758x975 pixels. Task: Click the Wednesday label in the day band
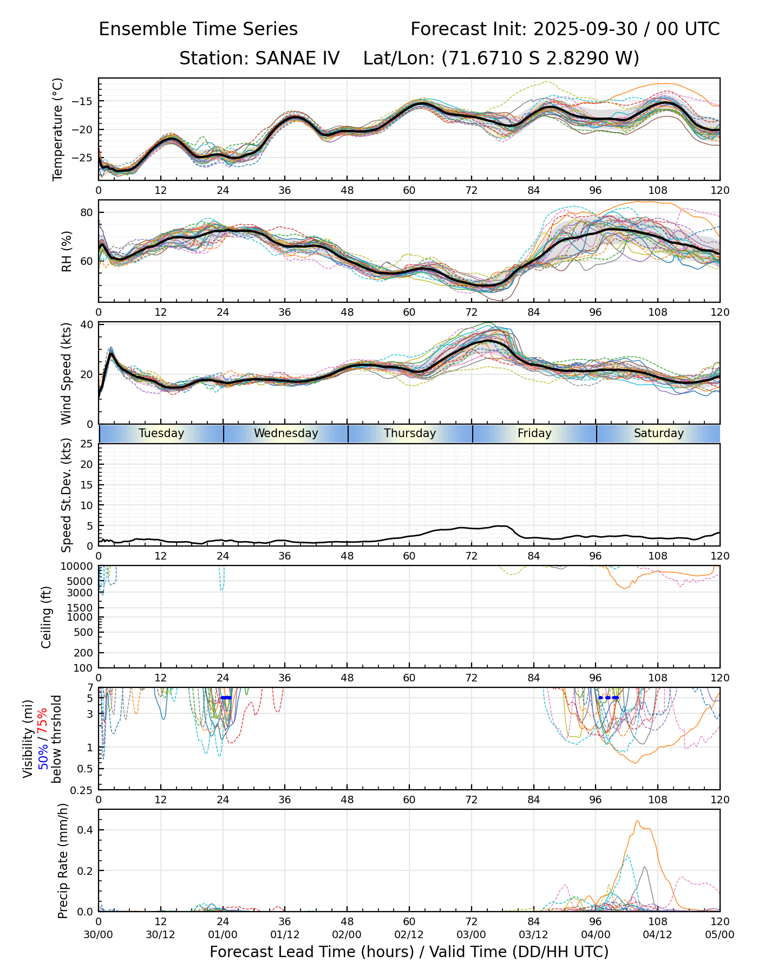286,433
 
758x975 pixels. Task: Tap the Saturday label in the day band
658,433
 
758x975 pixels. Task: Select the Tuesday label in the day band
161,433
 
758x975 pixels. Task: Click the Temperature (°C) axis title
58,129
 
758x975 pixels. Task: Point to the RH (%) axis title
67,251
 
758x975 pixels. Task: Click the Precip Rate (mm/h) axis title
63,861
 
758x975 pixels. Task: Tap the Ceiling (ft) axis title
47,617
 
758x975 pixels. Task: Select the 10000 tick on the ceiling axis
79,567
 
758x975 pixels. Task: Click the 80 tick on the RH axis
87,212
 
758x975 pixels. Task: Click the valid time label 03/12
533,934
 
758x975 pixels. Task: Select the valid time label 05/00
720,934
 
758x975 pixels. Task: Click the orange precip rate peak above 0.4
637,822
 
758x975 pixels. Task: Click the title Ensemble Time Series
198,29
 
